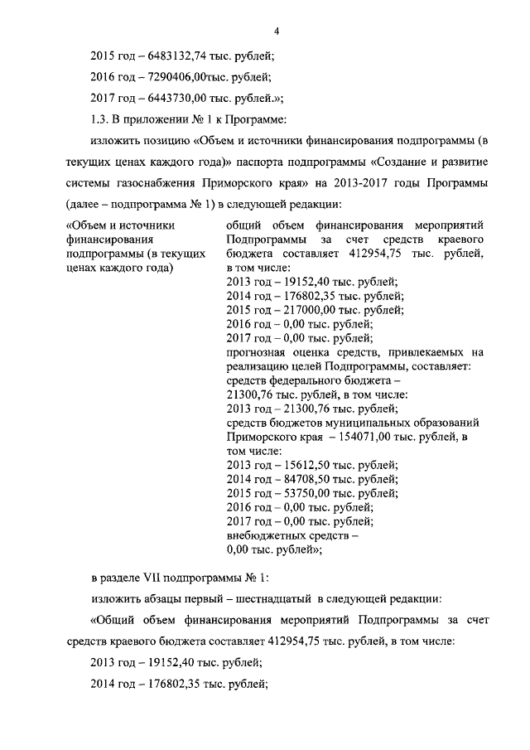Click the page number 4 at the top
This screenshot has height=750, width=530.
[x=277, y=31]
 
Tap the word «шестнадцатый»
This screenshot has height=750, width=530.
[x=270, y=598]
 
